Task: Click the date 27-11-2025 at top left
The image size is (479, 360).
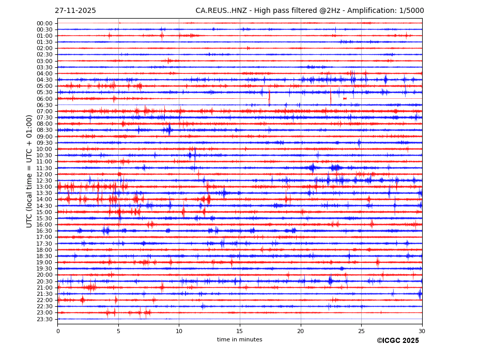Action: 75,11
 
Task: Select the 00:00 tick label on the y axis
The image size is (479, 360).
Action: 44,23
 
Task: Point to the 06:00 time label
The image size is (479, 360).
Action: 44,99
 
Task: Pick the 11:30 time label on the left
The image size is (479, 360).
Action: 44,168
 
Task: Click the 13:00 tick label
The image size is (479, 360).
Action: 44,187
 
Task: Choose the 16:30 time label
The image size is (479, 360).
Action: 44,231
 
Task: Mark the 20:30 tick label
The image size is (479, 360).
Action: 44,281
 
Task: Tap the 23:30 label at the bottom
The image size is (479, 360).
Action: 44,319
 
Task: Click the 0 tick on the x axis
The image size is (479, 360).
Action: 58,331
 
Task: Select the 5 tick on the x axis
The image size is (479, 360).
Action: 118,331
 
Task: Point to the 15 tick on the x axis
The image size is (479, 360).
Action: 240,331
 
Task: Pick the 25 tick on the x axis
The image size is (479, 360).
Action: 361,331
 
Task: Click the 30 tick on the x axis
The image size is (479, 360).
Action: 422,331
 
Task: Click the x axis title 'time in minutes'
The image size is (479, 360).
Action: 239,340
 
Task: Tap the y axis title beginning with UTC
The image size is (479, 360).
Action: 30,171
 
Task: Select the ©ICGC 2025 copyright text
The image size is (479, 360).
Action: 397,341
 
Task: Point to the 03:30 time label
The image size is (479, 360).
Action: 44,67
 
